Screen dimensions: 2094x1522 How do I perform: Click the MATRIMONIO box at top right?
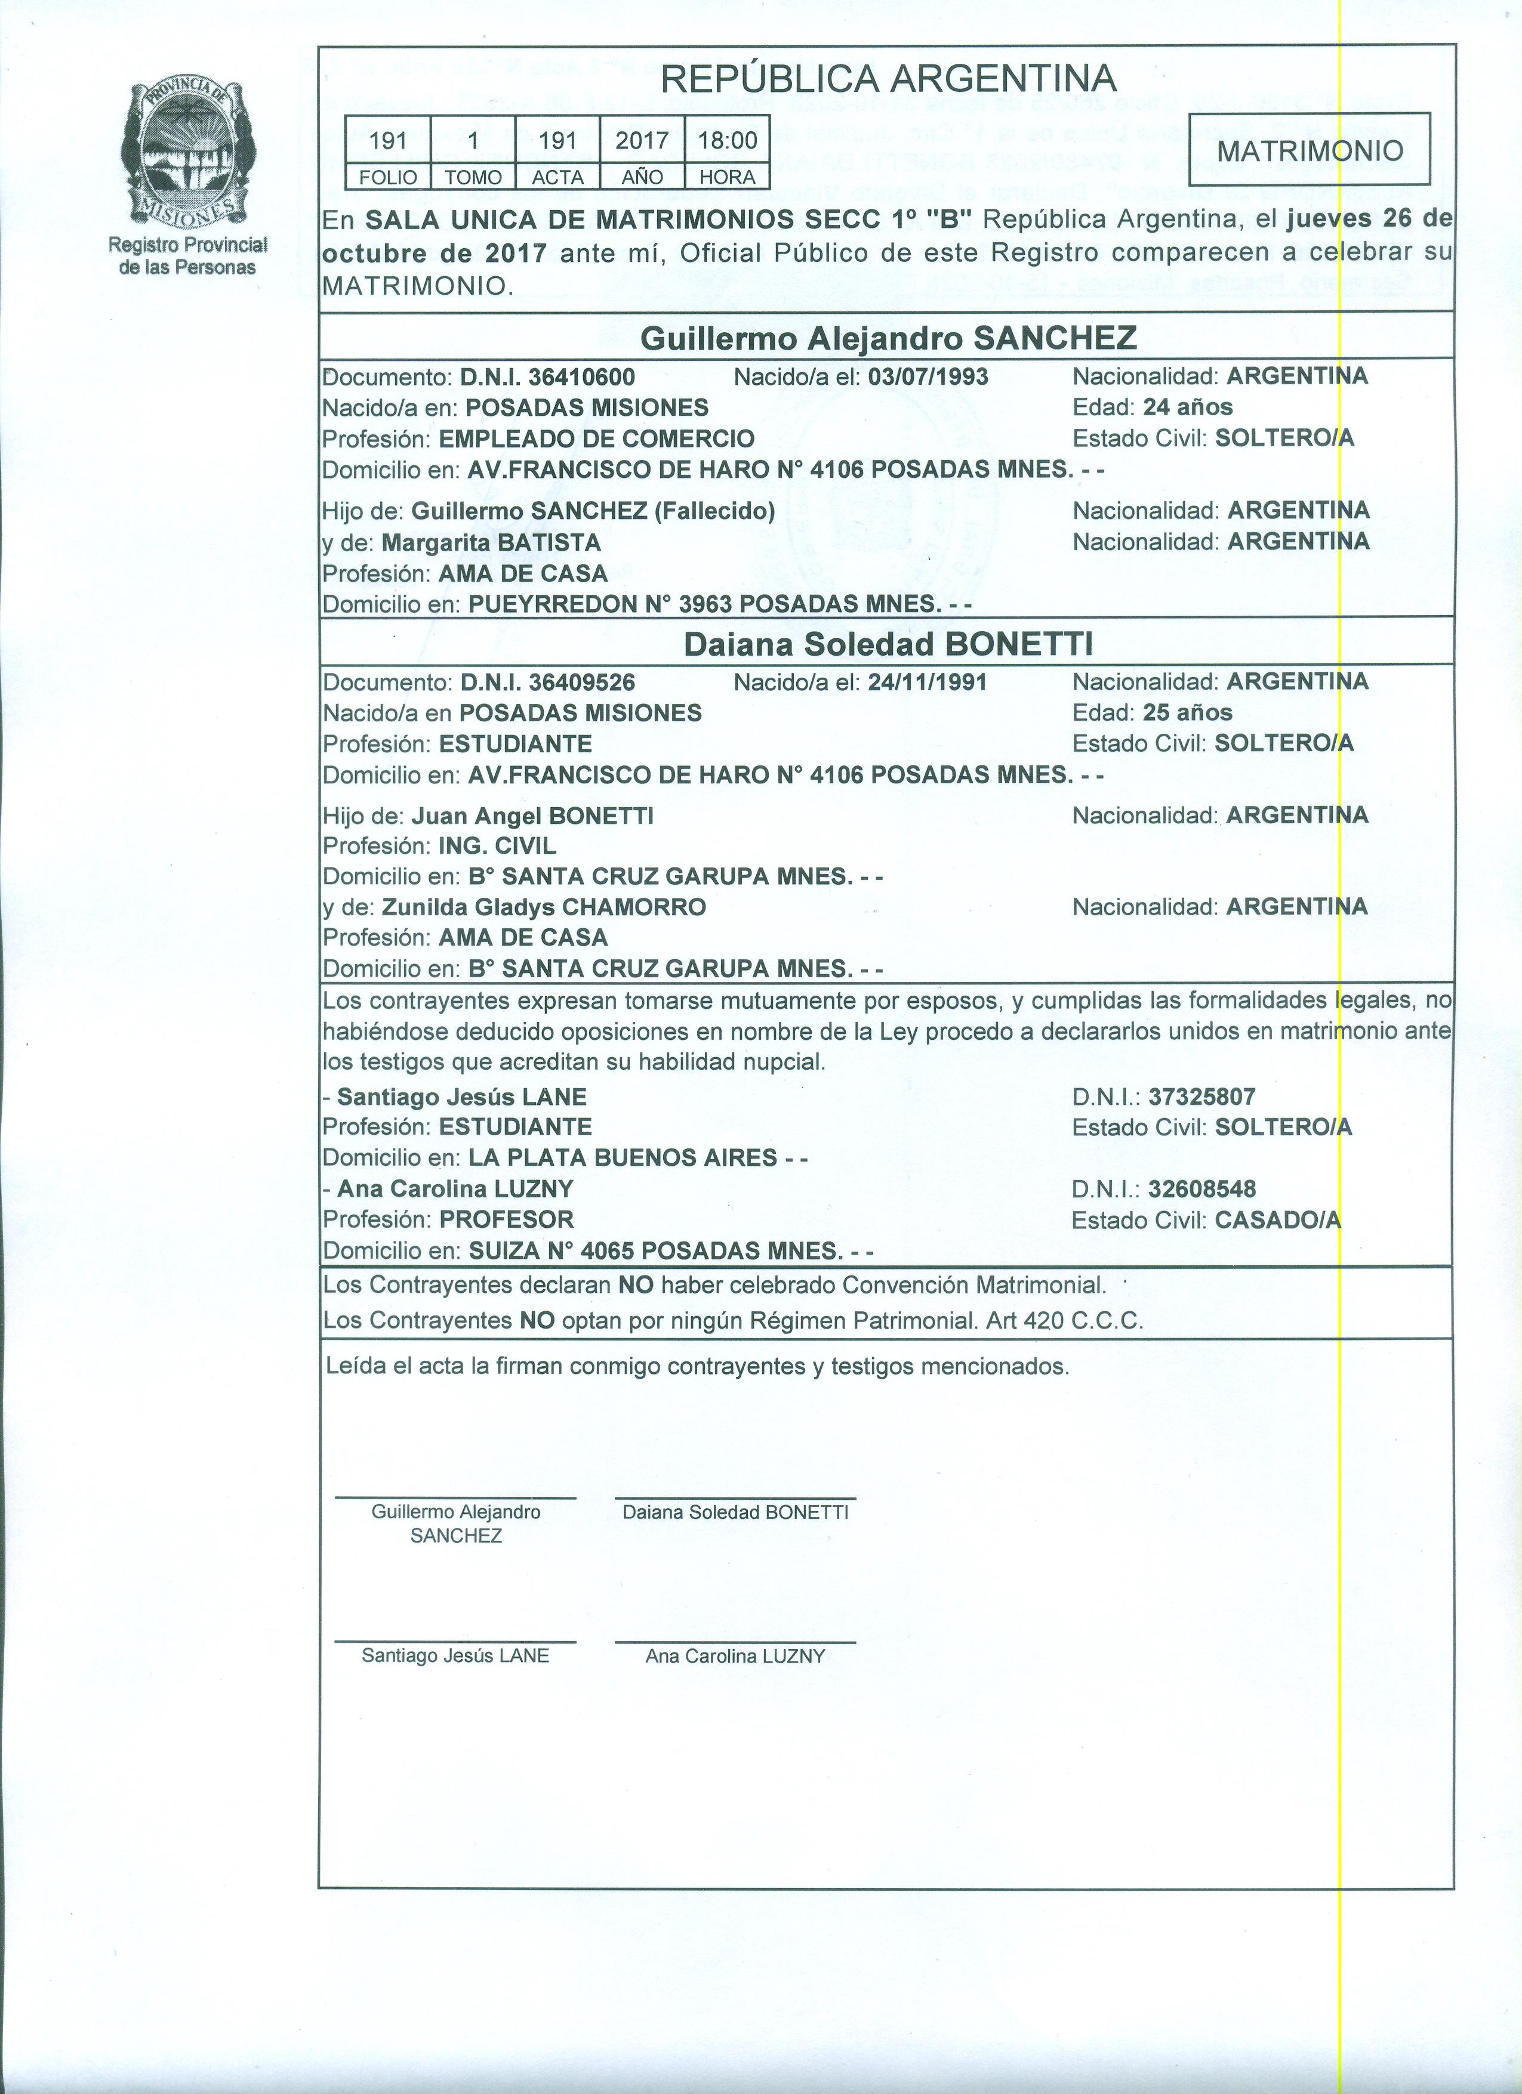[x=1310, y=150]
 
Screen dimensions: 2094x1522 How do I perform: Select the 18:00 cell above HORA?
[x=727, y=140]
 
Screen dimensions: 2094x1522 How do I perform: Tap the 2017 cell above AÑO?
[x=642, y=140]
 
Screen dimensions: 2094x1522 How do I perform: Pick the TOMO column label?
[x=473, y=177]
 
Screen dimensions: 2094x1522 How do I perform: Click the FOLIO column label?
[x=388, y=177]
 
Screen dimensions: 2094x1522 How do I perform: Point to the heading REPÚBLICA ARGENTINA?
[x=889, y=79]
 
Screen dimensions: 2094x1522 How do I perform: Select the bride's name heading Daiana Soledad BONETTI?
[x=889, y=644]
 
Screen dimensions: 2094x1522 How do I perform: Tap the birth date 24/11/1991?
[x=928, y=682]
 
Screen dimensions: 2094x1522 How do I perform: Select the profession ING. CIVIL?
[x=497, y=846]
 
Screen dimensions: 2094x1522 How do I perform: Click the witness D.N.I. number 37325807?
[x=1201, y=1097]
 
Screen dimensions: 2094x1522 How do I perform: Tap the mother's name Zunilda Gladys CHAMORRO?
[x=543, y=907]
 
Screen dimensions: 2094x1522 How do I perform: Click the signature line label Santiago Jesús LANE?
[x=455, y=1656]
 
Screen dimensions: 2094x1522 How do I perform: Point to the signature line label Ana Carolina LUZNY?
[x=735, y=1656]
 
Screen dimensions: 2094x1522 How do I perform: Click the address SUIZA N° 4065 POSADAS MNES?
[x=656, y=1251]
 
